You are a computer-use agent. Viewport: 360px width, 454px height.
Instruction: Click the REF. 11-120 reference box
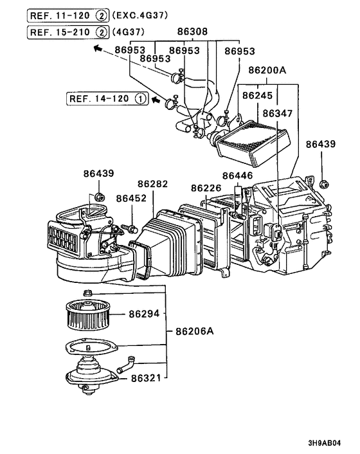[x=68, y=14]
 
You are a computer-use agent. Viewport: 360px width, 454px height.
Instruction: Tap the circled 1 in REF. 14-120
[x=140, y=99]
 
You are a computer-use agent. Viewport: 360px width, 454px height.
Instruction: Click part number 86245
[x=256, y=96]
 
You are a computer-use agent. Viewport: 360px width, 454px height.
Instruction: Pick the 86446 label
[x=238, y=176]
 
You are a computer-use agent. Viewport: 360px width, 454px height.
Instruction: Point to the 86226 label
[x=206, y=188]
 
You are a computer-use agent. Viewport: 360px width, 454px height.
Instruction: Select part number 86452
[x=132, y=199]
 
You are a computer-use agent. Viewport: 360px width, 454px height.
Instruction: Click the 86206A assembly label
[x=195, y=331]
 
